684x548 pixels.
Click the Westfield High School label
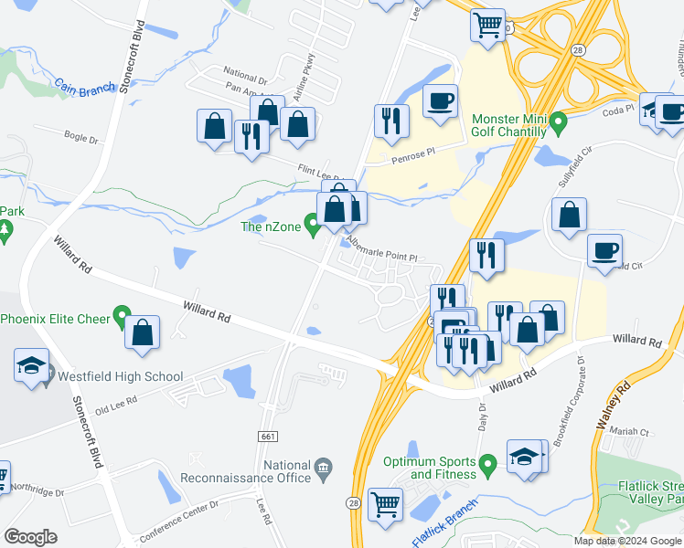pos(121,376)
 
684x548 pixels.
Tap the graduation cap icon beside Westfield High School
pos(31,367)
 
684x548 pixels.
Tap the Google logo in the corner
pos(30,537)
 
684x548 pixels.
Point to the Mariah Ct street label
pos(630,432)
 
